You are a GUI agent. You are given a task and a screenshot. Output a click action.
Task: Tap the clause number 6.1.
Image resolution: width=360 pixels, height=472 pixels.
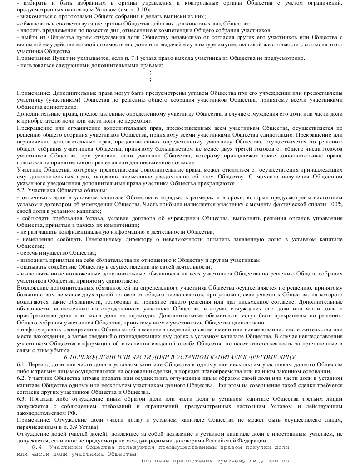click(x=22, y=365)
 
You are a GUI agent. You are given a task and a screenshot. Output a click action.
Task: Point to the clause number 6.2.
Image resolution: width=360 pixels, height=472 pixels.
click(x=22, y=378)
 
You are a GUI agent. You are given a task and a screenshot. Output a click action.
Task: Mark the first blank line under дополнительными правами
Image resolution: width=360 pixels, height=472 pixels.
click(x=84, y=74)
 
